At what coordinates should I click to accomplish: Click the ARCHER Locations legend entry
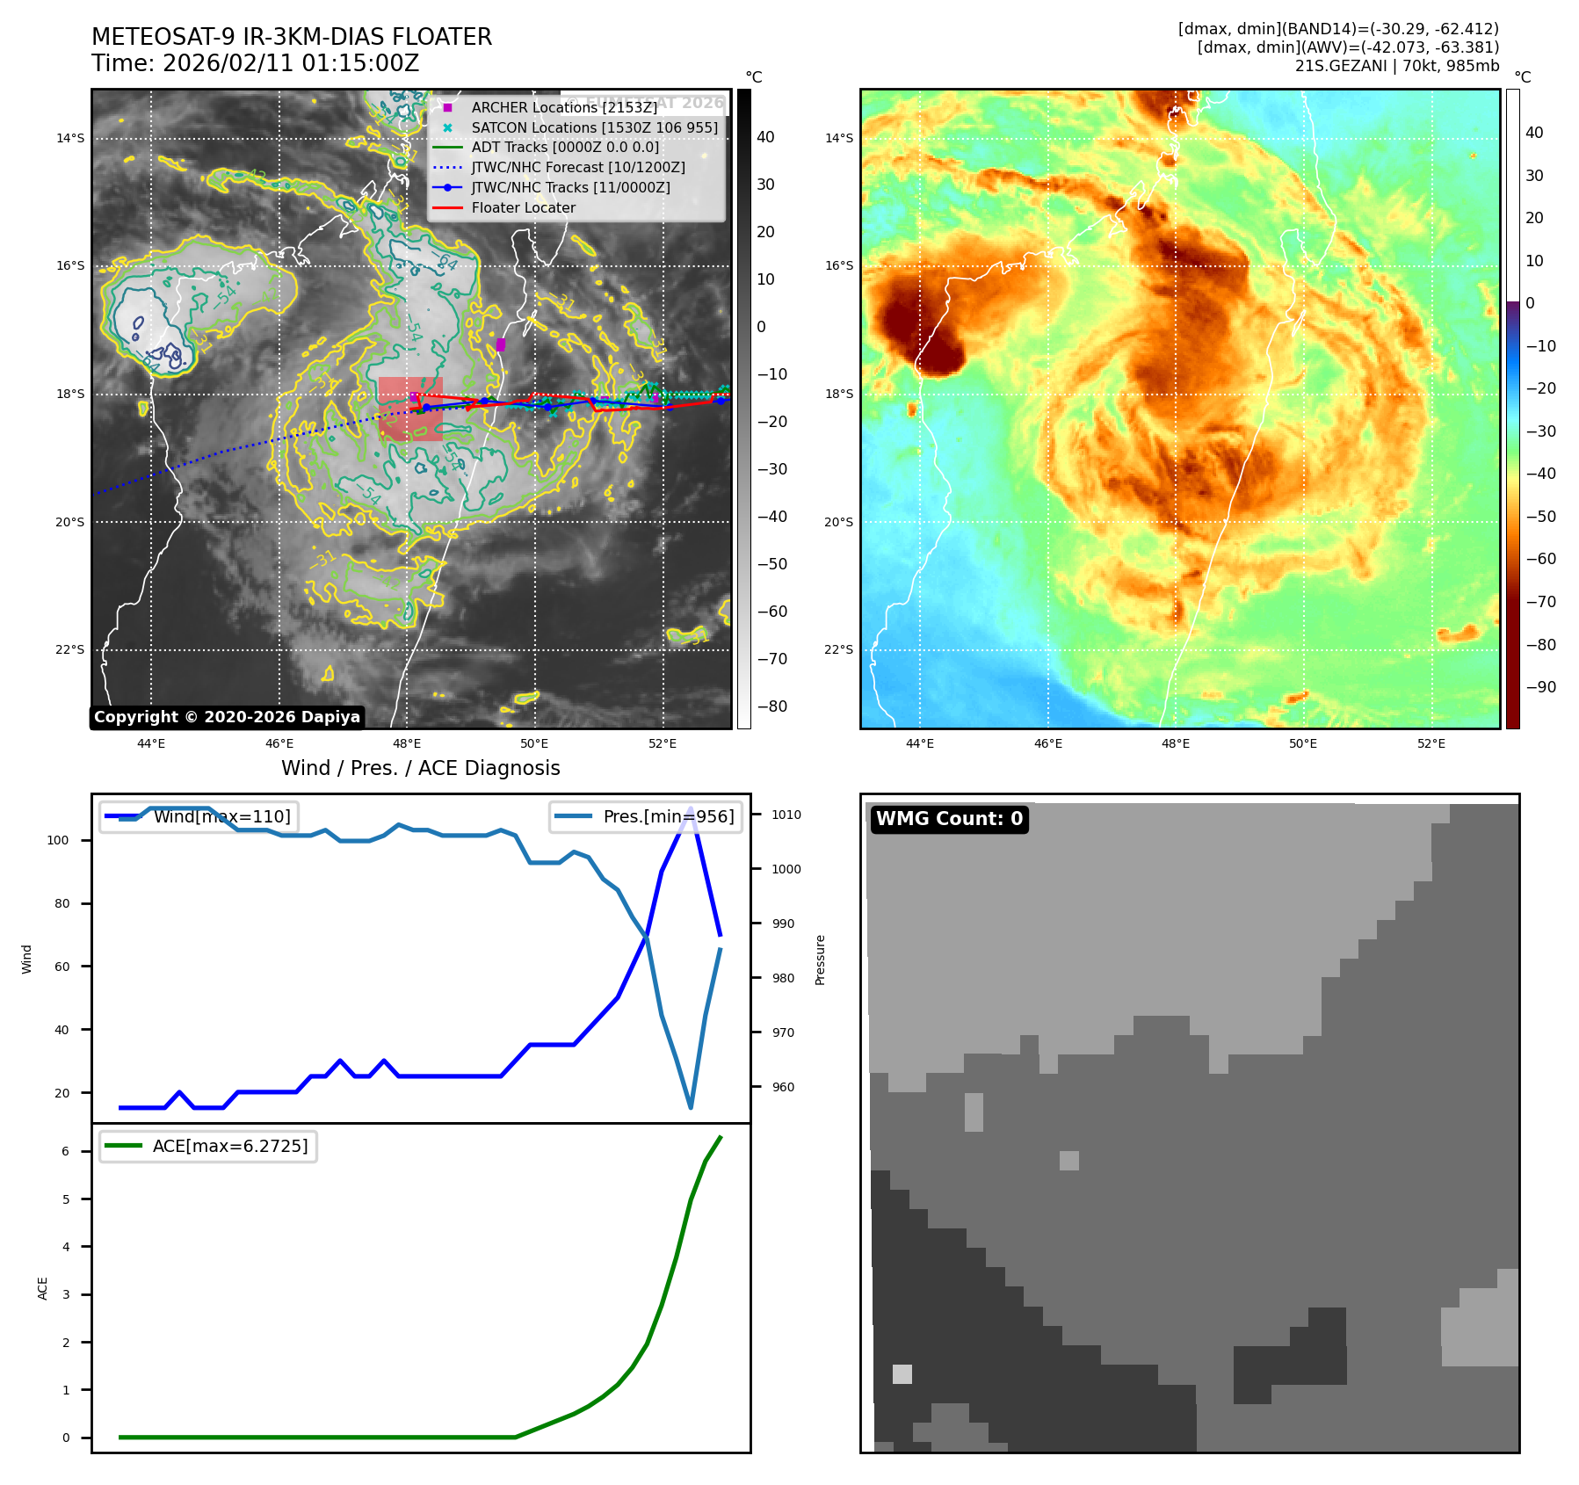(x=563, y=107)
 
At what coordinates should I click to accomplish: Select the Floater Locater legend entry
(x=523, y=207)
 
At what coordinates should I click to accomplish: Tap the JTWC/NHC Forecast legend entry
(x=577, y=167)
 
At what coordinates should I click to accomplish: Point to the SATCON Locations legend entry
(x=594, y=127)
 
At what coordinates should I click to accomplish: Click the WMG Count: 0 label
(x=949, y=819)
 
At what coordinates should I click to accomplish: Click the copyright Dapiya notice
(x=227, y=717)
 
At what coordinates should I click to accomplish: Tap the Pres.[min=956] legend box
(x=646, y=816)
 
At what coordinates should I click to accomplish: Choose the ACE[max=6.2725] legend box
(x=208, y=1146)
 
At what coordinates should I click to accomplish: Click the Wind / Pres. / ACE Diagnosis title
(x=420, y=768)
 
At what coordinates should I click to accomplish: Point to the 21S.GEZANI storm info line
(x=1396, y=66)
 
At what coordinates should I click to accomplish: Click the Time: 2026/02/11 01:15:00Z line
(x=255, y=63)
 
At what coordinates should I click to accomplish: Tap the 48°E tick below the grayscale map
(x=407, y=743)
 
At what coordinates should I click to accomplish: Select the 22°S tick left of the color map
(x=838, y=649)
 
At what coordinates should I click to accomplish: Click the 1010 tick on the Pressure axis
(x=786, y=815)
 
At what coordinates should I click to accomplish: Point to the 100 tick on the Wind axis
(x=58, y=840)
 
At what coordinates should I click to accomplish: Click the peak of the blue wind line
(x=691, y=808)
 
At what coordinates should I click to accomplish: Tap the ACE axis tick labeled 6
(x=65, y=1151)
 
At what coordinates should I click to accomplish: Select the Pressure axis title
(x=820, y=959)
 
